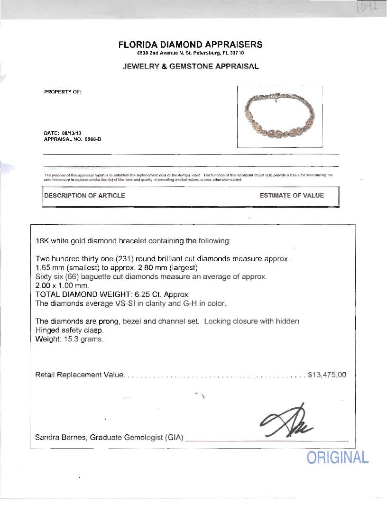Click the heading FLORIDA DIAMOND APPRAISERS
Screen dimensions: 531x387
click(190, 45)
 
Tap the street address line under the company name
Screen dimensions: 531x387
click(190, 53)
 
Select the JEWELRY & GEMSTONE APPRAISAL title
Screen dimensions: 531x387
click(190, 67)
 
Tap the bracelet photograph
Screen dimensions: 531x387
click(279, 117)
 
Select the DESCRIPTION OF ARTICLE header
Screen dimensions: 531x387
click(84, 195)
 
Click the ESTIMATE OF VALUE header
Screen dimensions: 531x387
click(292, 195)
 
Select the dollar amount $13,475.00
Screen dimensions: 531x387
click(327, 375)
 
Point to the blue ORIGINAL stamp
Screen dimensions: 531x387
click(337, 458)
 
